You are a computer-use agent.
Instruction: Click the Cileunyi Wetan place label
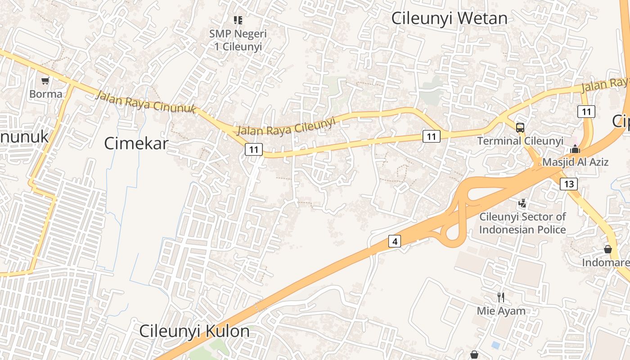449,18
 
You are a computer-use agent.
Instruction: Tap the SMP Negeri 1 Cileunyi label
238,40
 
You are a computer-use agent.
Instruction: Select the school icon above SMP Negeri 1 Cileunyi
238,20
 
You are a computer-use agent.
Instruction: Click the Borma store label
45,94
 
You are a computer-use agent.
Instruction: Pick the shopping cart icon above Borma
45,81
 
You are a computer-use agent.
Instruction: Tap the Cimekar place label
136,144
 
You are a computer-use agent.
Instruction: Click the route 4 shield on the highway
395,242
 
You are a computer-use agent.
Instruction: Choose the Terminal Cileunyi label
520,141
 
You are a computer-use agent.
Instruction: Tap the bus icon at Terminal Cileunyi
520,127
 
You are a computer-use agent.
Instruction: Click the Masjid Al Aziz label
575,162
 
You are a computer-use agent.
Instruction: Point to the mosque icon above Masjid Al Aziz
575,148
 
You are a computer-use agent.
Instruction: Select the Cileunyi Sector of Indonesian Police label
522,223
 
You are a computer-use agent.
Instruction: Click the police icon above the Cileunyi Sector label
522,203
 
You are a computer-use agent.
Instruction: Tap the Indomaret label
606,262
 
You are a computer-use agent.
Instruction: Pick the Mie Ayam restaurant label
501,310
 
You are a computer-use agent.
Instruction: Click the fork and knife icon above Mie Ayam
501,297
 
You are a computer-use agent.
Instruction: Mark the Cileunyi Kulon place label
194,331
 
